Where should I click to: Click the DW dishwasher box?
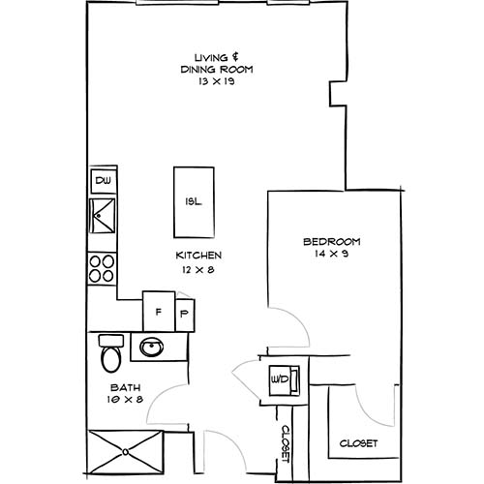(x=102, y=181)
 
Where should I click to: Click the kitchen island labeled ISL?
(x=192, y=201)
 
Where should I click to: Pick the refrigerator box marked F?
(x=156, y=313)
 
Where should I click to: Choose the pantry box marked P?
(x=184, y=314)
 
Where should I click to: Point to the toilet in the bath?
(x=109, y=354)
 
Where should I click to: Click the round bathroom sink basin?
(x=150, y=346)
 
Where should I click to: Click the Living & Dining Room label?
(x=208, y=63)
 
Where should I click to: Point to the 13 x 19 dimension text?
(x=208, y=82)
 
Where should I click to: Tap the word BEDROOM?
(x=331, y=241)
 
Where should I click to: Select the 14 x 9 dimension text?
(x=331, y=254)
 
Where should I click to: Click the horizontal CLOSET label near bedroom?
(x=358, y=443)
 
